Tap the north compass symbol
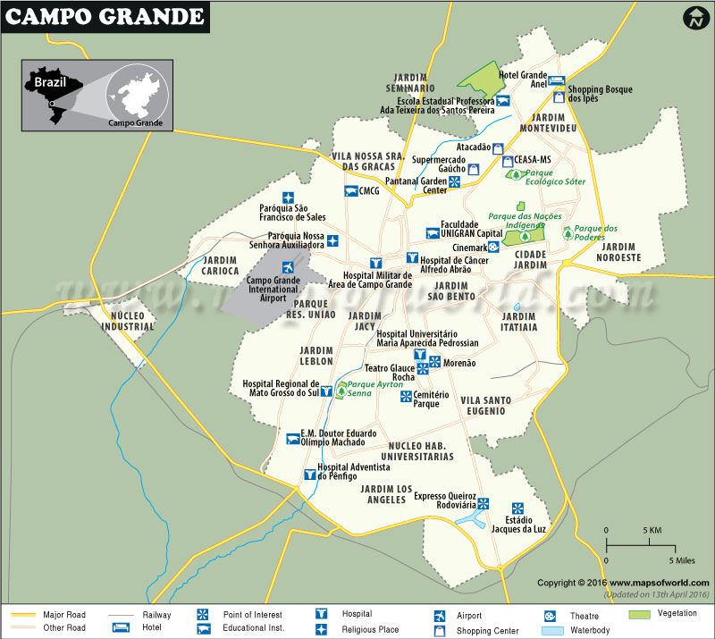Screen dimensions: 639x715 (694, 19)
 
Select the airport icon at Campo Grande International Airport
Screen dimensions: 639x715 (288, 268)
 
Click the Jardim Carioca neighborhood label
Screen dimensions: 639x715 (221, 265)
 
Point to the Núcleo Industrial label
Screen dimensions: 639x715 (127, 322)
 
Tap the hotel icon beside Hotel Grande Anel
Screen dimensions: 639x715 (556, 80)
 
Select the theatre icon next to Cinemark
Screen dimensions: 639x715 (493, 248)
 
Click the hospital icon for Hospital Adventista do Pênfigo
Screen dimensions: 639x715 (310, 475)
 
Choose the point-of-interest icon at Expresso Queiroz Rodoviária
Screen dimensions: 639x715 (483, 503)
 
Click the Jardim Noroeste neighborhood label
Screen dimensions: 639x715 (619, 252)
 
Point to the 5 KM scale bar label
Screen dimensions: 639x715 (652, 530)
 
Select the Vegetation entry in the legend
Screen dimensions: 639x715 (677, 615)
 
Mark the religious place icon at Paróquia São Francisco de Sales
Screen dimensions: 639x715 (288, 198)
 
